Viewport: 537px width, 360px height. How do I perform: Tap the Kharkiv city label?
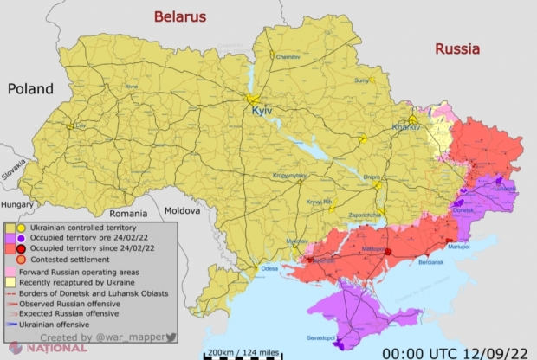click(406, 127)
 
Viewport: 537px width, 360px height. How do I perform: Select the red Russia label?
click(456, 48)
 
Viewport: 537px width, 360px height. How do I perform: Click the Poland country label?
click(30, 88)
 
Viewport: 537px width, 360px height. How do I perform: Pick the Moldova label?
click(183, 211)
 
